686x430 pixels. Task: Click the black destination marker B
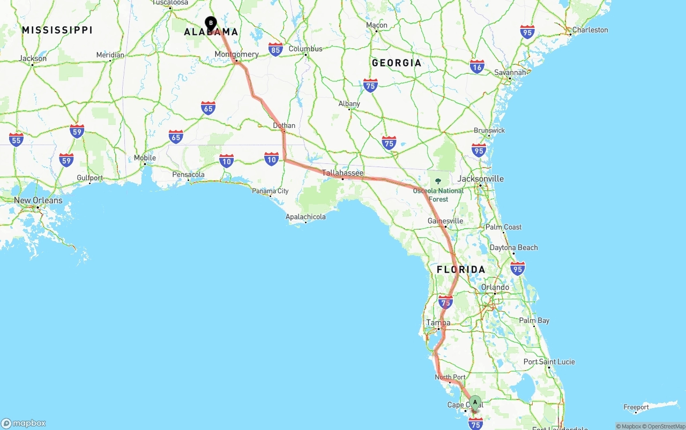tap(211, 24)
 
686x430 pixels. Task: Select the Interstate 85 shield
tap(275, 50)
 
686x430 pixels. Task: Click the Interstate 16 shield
tap(477, 66)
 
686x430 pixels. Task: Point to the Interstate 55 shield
tap(16, 139)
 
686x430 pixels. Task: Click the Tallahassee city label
tap(342, 173)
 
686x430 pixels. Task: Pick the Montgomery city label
tap(236, 54)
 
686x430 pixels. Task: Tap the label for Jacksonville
tap(480, 178)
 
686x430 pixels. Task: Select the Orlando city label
tap(495, 287)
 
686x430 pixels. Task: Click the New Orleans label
tap(38, 200)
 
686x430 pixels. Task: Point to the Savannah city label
tap(510, 72)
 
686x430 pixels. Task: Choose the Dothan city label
tap(284, 126)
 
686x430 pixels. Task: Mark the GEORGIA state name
tap(397, 63)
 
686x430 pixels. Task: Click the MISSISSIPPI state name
tap(57, 30)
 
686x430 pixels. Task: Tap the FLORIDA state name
tap(461, 269)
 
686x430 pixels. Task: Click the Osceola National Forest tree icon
tap(438, 182)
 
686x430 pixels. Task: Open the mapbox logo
tap(24, 423)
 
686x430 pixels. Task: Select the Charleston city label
tap(590, 30)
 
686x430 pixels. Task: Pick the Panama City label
tap(270, 191)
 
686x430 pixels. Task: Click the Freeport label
tap(636, 408)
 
